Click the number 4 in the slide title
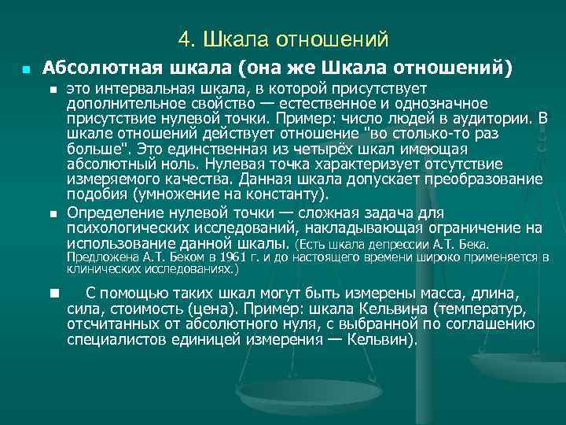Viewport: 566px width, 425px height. click(x=183, y=39)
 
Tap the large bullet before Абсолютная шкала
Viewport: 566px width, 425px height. click(x=27, y=69)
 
